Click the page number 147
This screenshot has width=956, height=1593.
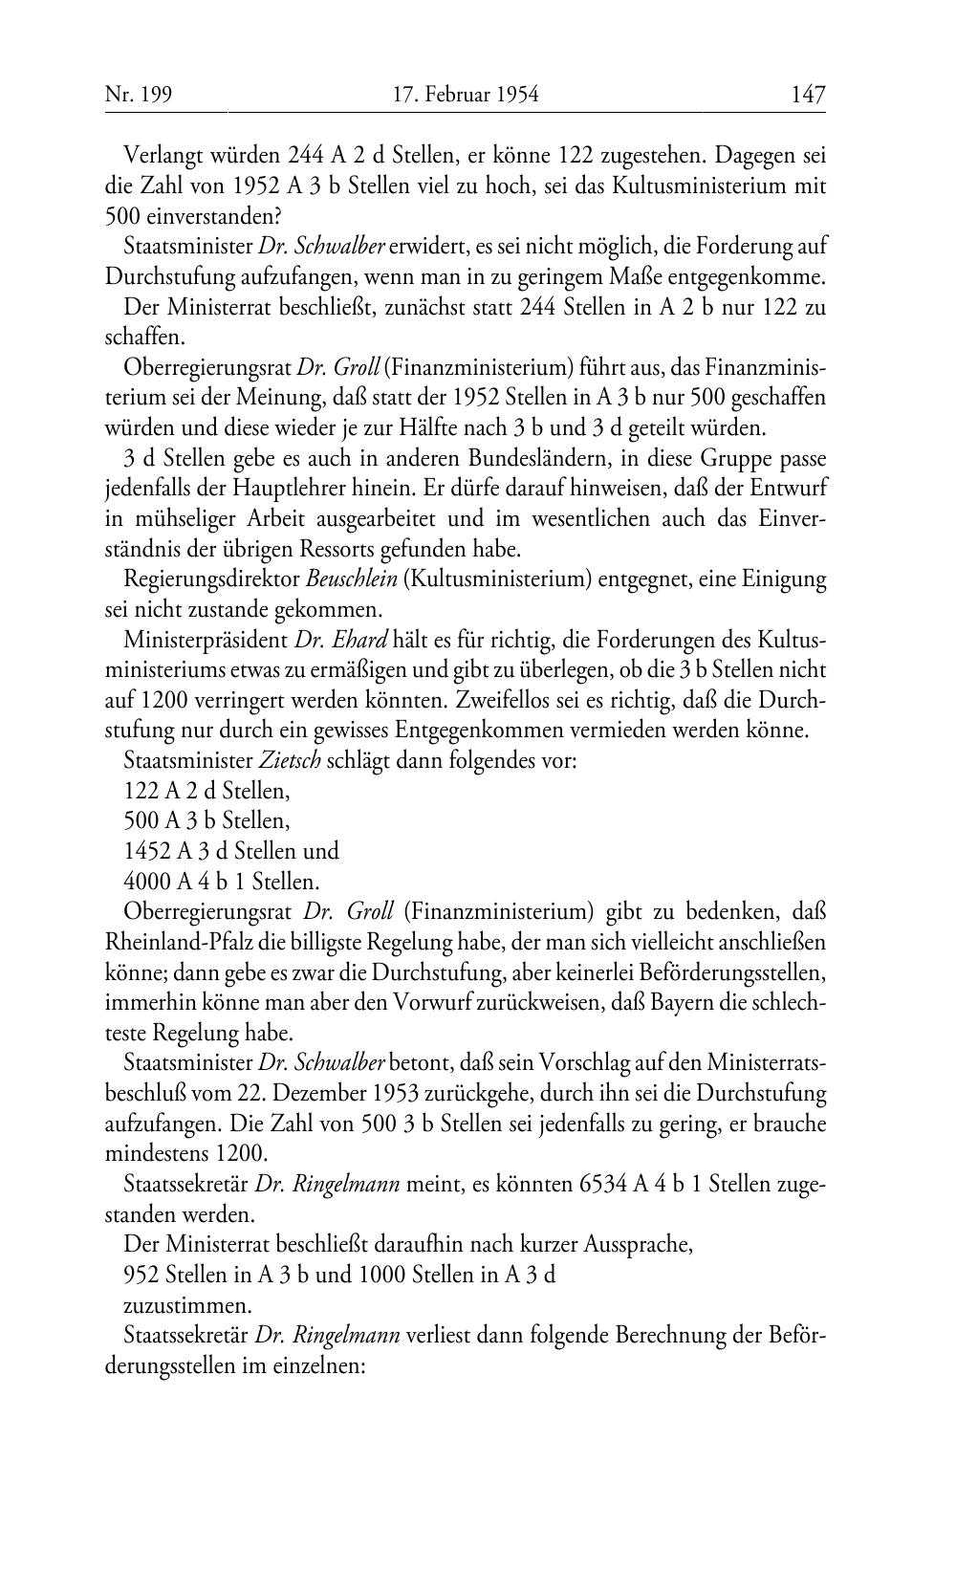pos(807,95)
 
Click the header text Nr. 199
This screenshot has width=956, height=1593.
pos(131,95)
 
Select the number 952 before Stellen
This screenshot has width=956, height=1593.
pos(141,1275)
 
